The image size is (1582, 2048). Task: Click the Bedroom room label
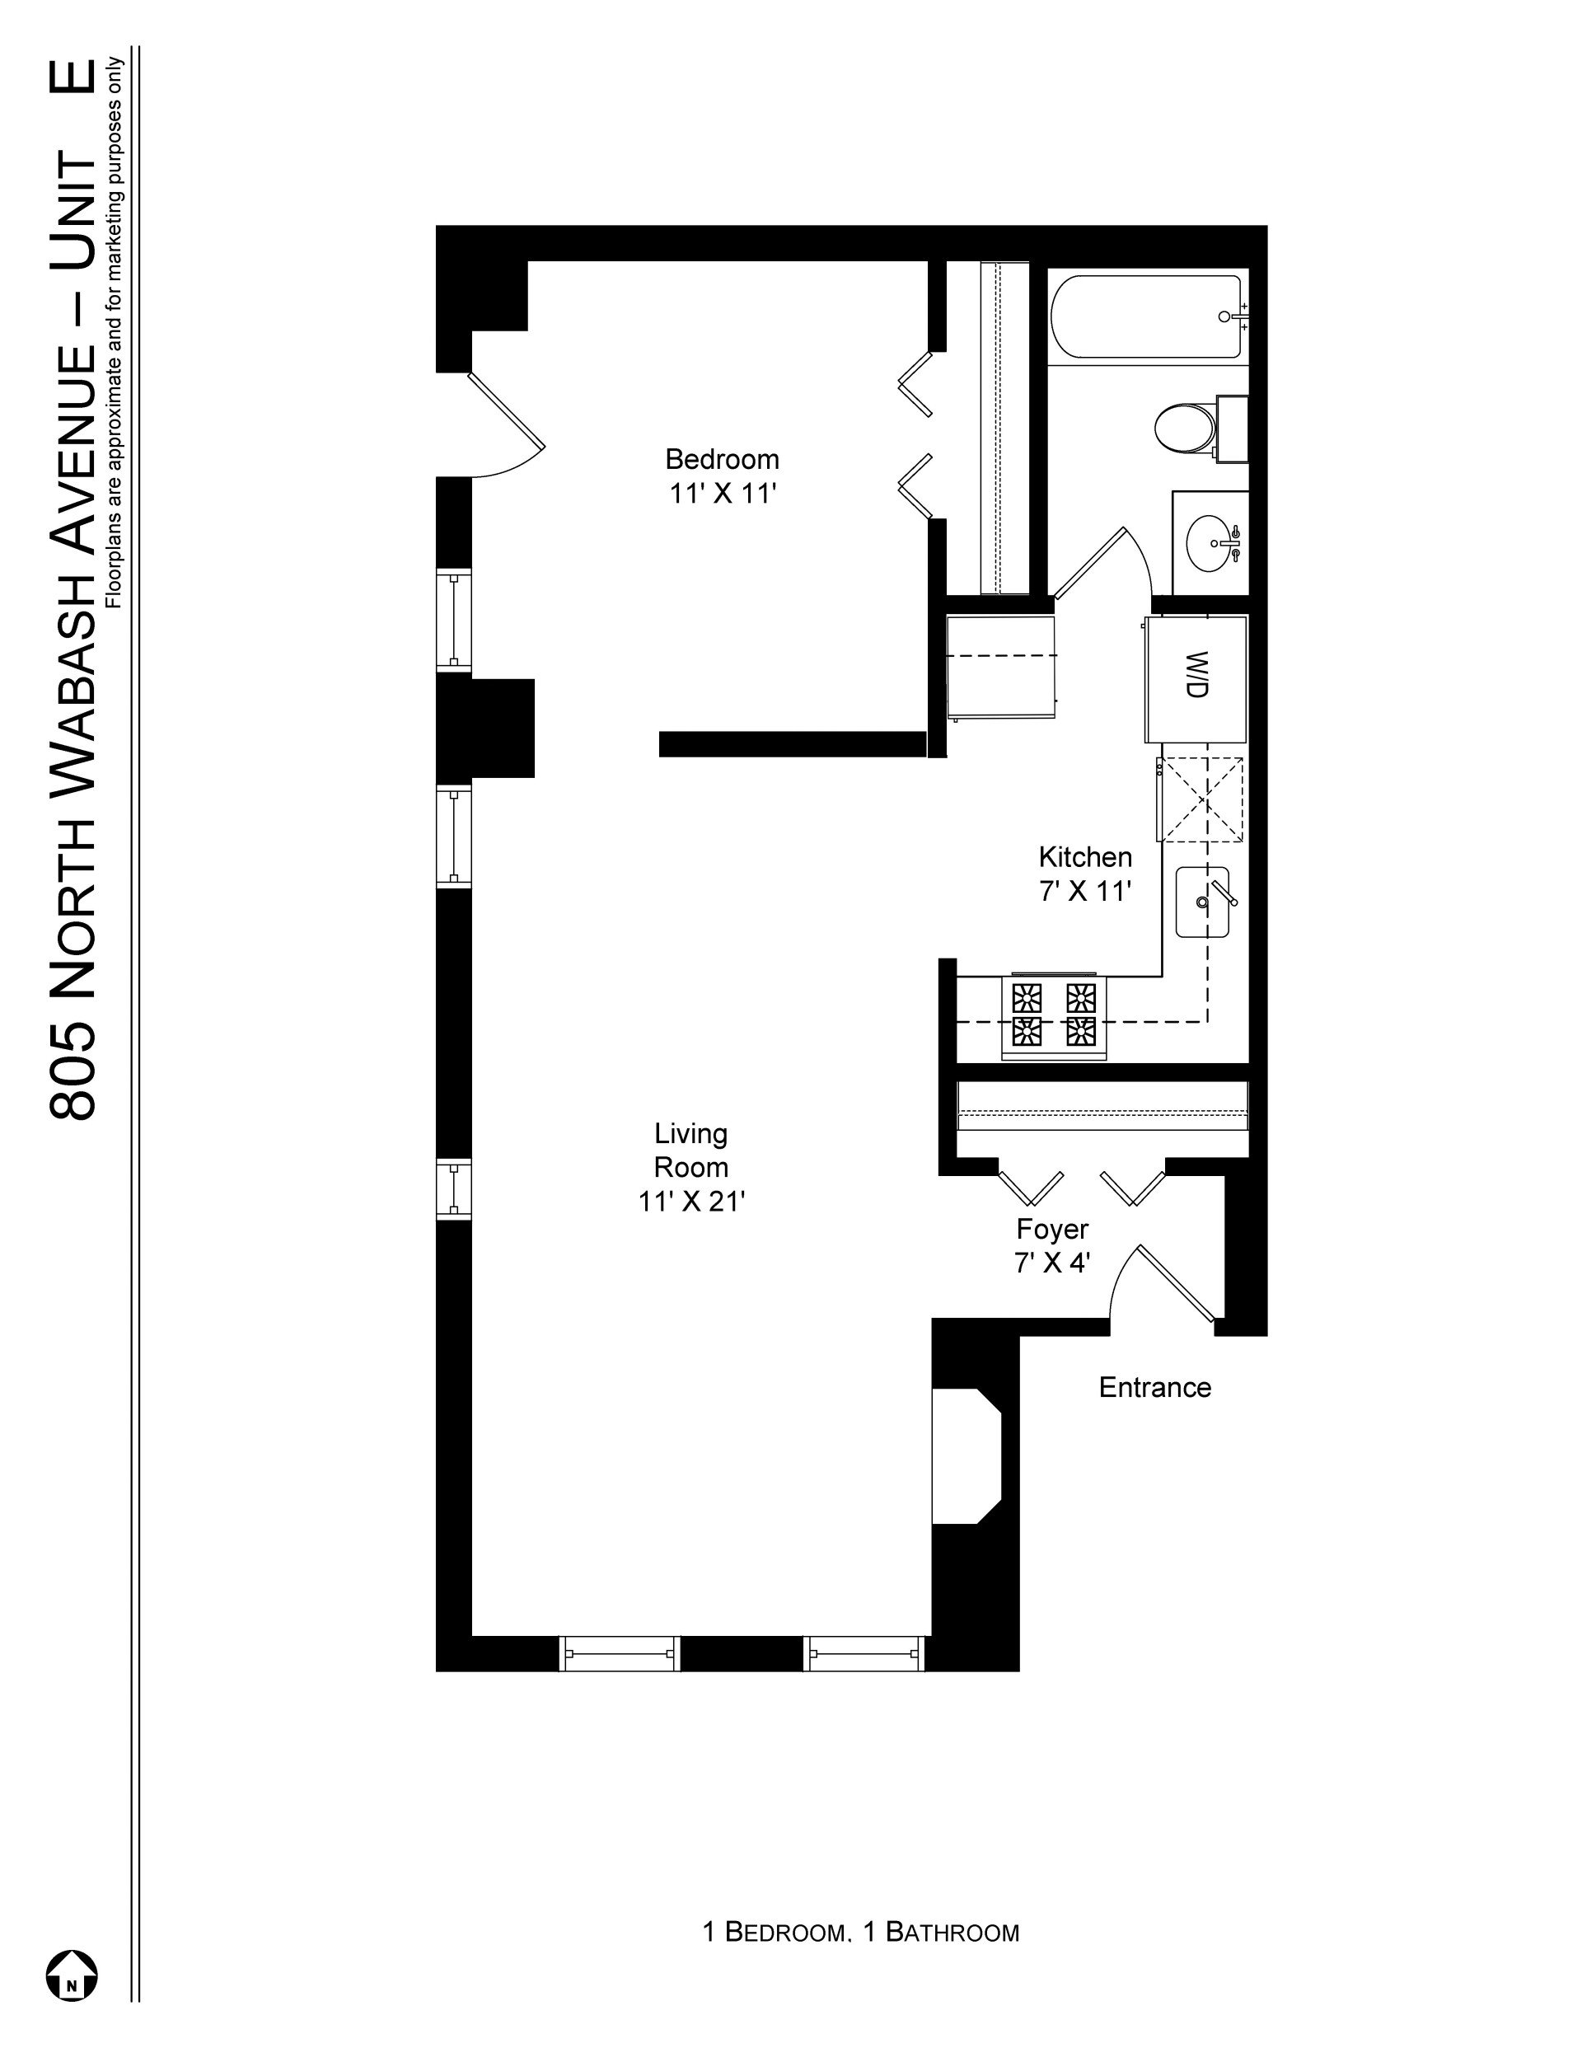point(722,460)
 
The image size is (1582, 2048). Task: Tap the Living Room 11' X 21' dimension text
point(691,1202)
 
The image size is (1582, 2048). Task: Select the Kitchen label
point(1085,857)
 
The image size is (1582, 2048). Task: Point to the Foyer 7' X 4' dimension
point(1051,1263)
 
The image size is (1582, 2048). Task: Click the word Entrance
point(1154,1387)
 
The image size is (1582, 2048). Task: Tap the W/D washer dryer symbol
point(1196,679)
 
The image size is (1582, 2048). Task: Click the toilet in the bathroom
point(1201,429)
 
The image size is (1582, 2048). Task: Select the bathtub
point(1147,316)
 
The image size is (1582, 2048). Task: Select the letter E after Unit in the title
point(73,76)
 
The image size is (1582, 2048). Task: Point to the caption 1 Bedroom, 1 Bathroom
point(861,1932)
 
